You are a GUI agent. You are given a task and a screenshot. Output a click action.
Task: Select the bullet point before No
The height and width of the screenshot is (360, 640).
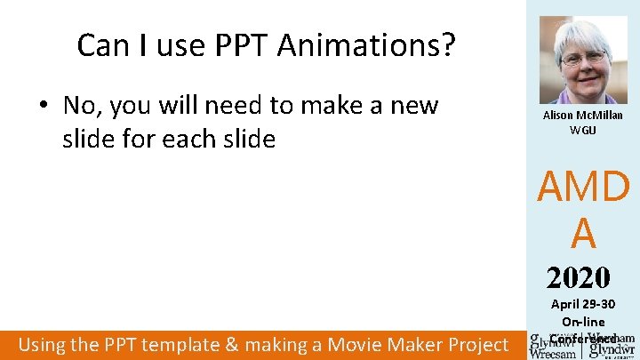click(x=43, y=107)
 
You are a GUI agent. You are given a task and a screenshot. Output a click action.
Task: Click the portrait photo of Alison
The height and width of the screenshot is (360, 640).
click(x=583, y=60)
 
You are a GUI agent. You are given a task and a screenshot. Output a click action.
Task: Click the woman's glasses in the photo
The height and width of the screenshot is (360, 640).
click(x=582, y=58)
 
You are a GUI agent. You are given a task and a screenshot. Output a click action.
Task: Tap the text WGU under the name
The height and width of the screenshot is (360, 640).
click(x=583, y=130)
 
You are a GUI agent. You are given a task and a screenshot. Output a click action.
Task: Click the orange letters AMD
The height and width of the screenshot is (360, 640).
click(x=583, y=188)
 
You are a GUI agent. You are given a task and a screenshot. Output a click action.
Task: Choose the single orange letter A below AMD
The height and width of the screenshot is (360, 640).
click(x=583, y=234)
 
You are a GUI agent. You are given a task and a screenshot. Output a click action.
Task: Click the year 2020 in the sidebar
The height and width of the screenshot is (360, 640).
click(x=579, y=278)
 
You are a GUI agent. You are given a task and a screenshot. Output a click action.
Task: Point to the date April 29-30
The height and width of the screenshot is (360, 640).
click(x=583, y=305)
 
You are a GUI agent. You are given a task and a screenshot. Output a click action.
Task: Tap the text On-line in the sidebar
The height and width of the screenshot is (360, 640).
click(x=583, y=321)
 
